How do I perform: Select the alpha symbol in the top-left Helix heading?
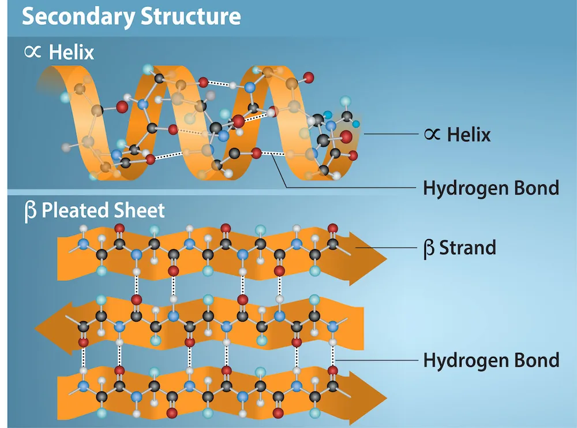tap(32, 52)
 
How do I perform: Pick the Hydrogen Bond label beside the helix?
tap(491, 188)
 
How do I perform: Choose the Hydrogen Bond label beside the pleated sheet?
tap(491, 360)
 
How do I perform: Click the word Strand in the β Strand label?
tap(467, 248)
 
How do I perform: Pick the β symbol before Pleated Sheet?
tap(30, 211)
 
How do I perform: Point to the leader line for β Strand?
tap(387, 248)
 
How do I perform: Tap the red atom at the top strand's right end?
tap(332, 228)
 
